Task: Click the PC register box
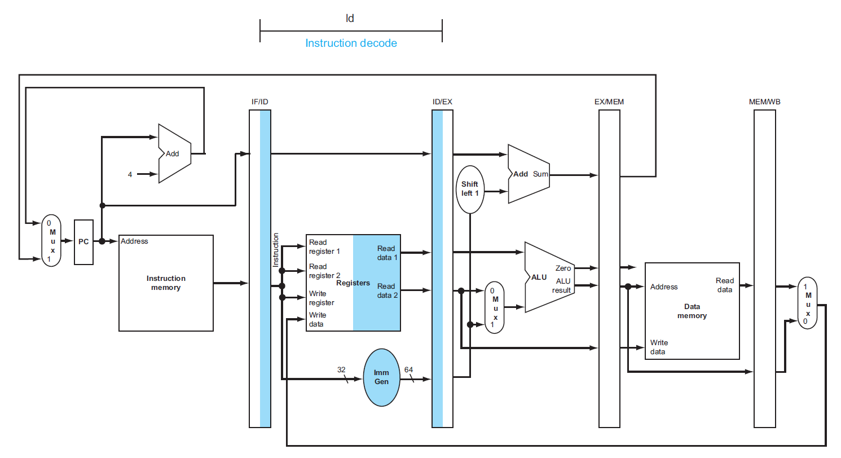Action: click(83, 242)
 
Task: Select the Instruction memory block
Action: click(166, 283)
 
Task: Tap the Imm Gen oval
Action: click(381, 377)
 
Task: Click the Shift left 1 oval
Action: click(469, 189)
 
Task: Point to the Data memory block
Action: click(692, 311)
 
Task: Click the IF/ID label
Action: click(259, 102)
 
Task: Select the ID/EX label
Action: click(442, 102)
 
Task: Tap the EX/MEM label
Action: click(609, 102)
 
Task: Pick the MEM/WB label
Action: click(765, 102)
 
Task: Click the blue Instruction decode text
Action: click(351, 43)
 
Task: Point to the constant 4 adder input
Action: click(130, 174)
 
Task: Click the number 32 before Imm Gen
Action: click(341, 369)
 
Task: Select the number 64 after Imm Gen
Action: click(409, 369)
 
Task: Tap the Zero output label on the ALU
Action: click(563, 268)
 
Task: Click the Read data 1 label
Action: click(387, 253)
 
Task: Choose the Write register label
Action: click(322, 298)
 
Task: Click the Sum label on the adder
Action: click(540, 174)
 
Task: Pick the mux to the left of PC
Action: click(51, 241)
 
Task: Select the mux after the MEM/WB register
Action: click(807, 303)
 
